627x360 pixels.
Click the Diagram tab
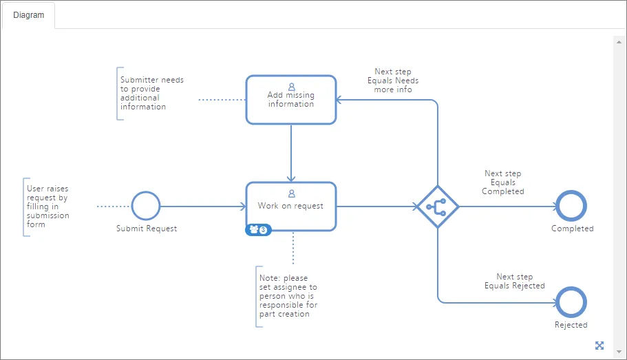pos(28,15)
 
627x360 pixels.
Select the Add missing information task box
pos(291,100)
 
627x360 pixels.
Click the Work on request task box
pos(291,207)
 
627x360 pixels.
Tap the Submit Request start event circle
pos(146,192)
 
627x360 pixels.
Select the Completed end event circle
pos(571,191)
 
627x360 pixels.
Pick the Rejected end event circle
pos(571,288)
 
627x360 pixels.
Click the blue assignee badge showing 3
pos(258,230)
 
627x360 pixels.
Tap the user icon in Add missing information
pos(292,87)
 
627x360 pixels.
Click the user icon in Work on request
pos(292,193)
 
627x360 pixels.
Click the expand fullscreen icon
pos(599,346)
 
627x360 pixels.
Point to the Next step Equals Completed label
pos(503,182)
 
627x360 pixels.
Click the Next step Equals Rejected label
pos(515,282)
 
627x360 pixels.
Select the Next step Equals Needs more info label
pos(393,81)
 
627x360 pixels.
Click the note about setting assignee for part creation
pos(288,296)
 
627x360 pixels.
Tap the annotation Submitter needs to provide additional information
pos(152,93)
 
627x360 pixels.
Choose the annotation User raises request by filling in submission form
pos(47,207)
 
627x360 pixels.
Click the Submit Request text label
pos(147,229)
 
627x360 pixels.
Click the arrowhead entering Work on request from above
pos(291,178)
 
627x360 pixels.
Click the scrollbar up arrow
pos(619,42)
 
